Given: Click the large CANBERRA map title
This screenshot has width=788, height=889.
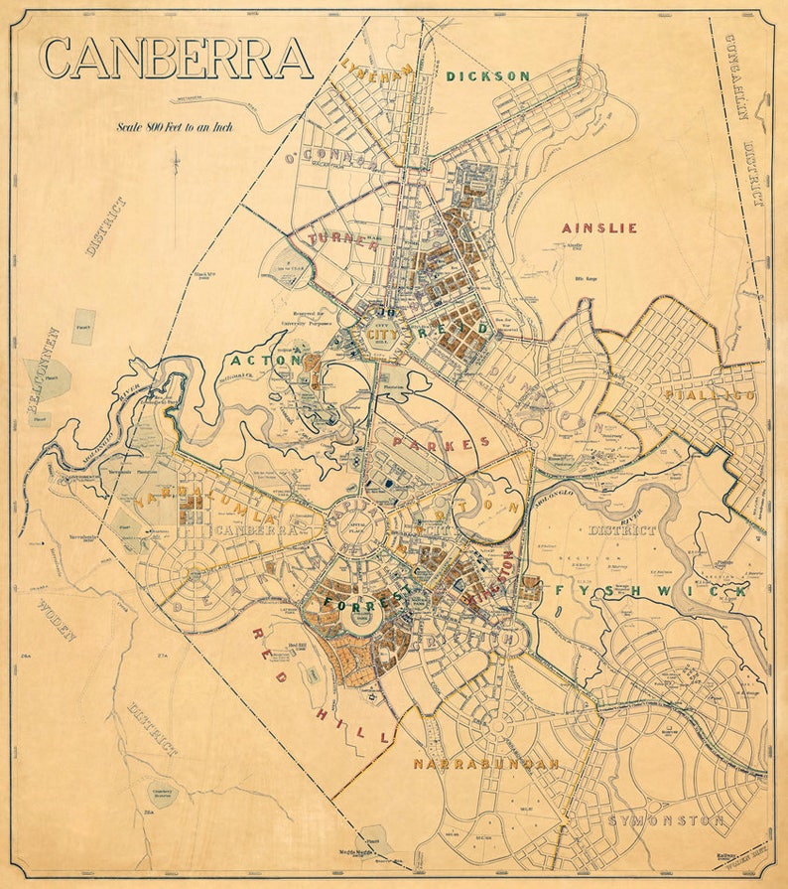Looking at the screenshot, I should click(176, 59).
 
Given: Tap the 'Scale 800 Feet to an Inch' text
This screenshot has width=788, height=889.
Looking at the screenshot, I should click(175, 127).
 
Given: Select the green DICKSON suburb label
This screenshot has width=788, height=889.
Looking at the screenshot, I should click(487, 75).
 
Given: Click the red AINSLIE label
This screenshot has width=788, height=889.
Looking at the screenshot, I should click(599, 227).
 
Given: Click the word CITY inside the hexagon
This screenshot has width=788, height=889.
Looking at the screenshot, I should click(381, 335).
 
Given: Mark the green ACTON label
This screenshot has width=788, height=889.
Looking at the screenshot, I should click(266, 359).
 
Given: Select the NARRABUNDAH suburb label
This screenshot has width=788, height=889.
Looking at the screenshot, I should click(486, 764).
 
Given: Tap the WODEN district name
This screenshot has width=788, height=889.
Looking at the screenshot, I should click(57, 621).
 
